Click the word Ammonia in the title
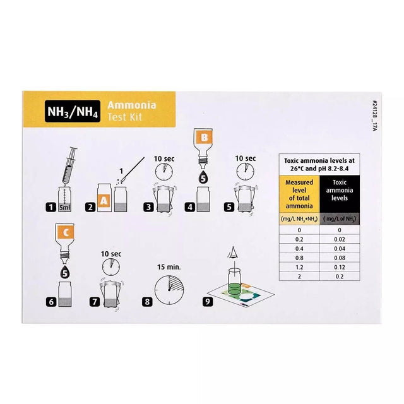132,105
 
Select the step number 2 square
92,206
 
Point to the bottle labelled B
203,145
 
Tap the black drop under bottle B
203,179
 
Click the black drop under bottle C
66,274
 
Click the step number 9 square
208,301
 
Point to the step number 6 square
51,301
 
